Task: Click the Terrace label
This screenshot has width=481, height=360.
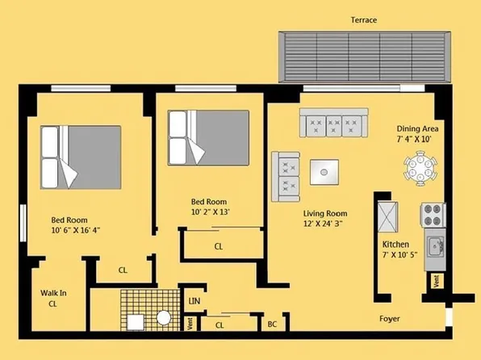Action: click(x=363, y=19)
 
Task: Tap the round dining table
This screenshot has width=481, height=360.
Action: click(x=421, y=170)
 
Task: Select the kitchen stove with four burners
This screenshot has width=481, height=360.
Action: click(x=433, y=216)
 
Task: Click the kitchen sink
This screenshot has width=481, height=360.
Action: click(x=434, y=243)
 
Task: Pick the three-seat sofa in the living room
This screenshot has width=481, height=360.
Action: click(x=333, y=123)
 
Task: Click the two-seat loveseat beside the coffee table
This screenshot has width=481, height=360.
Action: click(x=286, y=176)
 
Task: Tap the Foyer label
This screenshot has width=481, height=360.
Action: click(x=391, y=317)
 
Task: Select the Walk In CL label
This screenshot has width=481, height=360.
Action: click(x=52, y=299)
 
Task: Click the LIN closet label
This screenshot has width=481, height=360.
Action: click(x=194, y=301)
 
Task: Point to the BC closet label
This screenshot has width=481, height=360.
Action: click(x=273, y=324)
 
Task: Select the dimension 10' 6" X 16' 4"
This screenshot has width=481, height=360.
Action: click(x=76, y=230)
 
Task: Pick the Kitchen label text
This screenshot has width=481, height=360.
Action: click(x=395, y=244)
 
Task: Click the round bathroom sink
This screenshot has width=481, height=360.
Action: click(x=164, y=318)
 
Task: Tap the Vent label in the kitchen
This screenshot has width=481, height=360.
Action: click(x=436, y=281)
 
